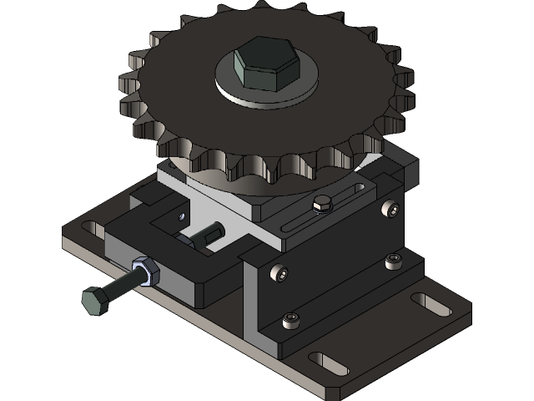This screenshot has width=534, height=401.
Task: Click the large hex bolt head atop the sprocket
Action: click(x=265, y=64)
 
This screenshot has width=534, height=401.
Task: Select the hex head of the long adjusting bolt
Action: click(x=93, y=300)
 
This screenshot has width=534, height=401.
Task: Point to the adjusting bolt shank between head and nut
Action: click(x=119, y=287)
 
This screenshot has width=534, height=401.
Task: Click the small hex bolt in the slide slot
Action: click(x=321, y=204)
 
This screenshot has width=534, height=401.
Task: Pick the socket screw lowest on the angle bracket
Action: click(x=290, y=319)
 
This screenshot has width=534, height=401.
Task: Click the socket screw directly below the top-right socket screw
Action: click(x=393, y=263)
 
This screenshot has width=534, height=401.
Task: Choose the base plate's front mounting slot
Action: click(x=330, y=363)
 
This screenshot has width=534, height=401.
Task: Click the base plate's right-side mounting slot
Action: click(x=431, y=304)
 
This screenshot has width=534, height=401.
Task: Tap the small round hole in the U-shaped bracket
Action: click(x=183, y=215)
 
